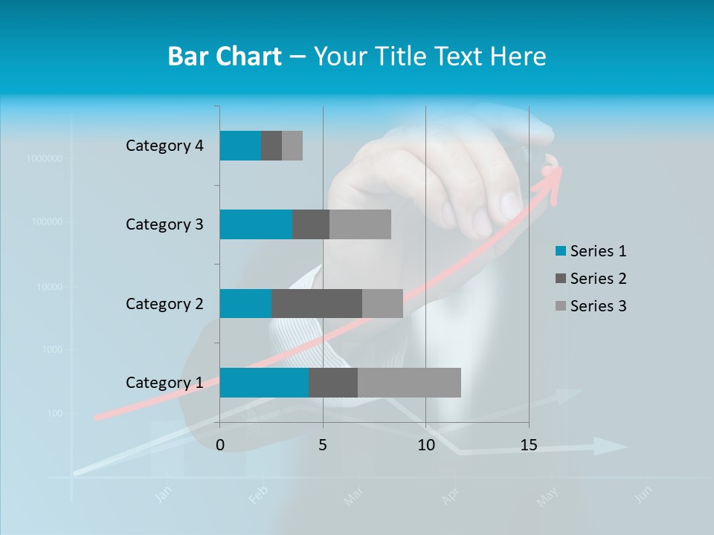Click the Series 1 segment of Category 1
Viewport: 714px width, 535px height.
point(264,382)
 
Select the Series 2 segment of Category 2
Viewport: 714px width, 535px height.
point(317,303)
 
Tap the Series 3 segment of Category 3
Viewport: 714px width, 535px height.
point(360,224)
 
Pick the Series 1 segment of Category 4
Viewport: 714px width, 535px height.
point(240,146)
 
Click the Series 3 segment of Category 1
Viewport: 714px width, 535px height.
point(409,382)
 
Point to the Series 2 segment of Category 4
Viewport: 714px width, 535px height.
point(271,146)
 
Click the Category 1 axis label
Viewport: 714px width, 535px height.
point(164,383)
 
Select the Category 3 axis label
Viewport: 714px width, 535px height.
point(164,224)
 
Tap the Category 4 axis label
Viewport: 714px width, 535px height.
point(164,146)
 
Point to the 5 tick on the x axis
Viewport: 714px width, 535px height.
point(323,445)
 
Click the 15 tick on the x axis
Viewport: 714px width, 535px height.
point(528,445)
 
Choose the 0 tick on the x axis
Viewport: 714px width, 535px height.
point(220,445)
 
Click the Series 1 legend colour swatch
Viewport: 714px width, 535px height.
point(560,251)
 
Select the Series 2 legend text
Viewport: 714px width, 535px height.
point(598,279)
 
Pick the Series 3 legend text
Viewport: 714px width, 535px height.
point(598,306)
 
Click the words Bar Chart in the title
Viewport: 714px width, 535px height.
point(225,56)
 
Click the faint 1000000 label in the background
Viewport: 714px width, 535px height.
point(44,158)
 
